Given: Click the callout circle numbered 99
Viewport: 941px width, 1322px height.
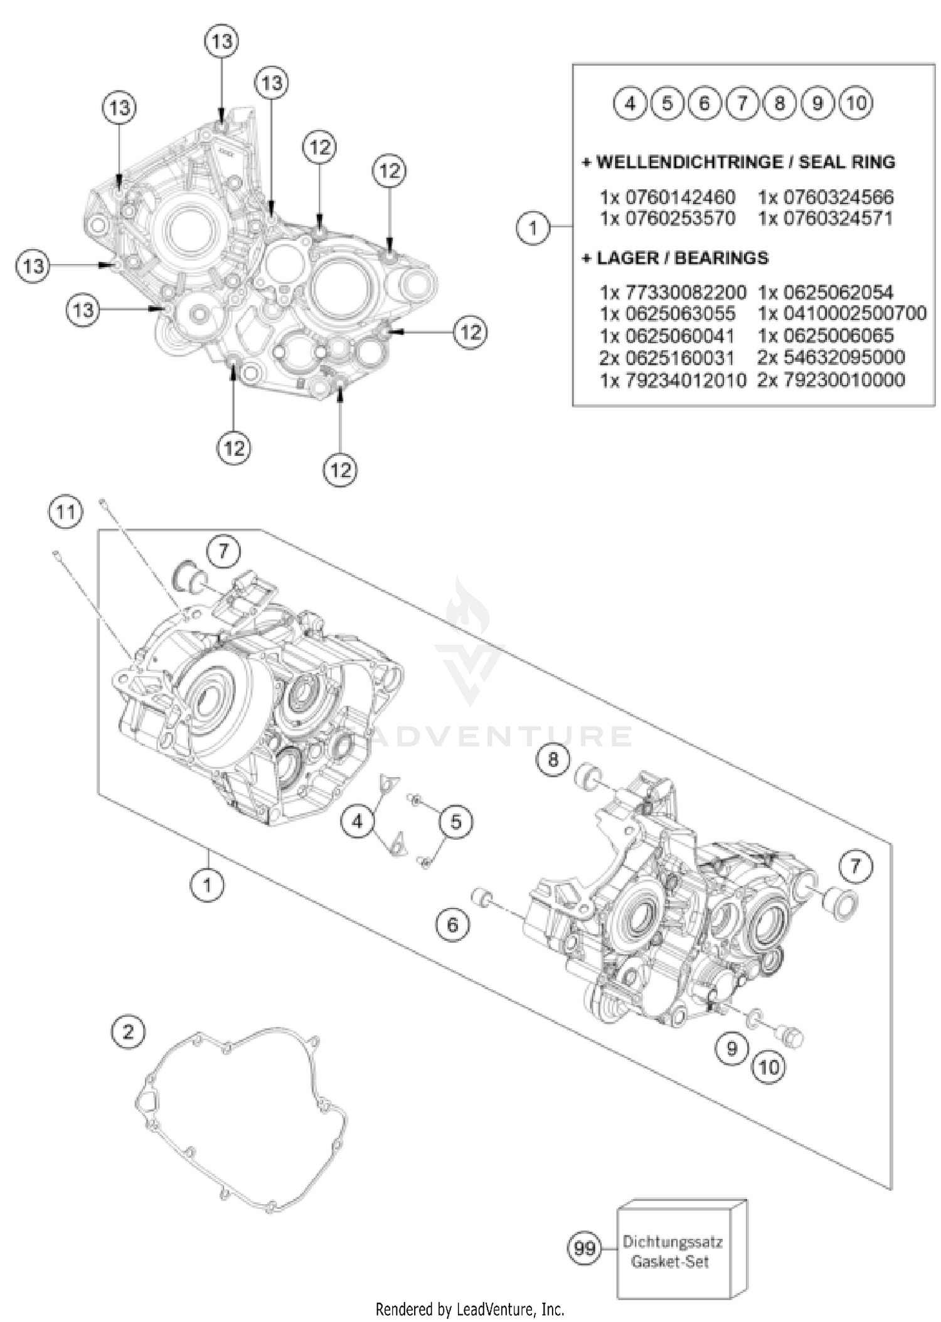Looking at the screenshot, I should click(584, 1248).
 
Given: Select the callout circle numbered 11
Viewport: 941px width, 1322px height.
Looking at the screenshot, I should click(65, 512).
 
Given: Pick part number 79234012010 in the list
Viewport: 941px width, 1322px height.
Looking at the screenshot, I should click(685, 380).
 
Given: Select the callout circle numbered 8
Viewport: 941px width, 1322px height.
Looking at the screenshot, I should click(553, 759).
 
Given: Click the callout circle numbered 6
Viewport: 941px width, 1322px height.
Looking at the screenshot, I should click(453, 924).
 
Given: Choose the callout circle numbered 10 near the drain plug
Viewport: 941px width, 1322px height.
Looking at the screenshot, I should click(769, 1067).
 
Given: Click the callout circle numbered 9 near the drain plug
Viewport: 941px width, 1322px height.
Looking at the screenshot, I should click(731, 1047).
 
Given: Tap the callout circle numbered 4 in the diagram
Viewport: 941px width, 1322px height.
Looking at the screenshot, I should click(358, 821).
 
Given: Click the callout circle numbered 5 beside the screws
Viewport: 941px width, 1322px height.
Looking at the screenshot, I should click(455, 822).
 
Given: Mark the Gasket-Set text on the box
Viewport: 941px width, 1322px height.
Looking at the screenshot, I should click(670, 1262).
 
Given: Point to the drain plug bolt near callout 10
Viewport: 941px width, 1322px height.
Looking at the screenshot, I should click(792, 1035).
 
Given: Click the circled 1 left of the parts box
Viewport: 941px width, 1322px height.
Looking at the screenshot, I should click(533, 227).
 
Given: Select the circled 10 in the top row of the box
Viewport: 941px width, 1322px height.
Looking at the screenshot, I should click(856, 103).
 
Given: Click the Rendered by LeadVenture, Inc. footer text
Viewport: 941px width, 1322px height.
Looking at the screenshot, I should click(470, 1309).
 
